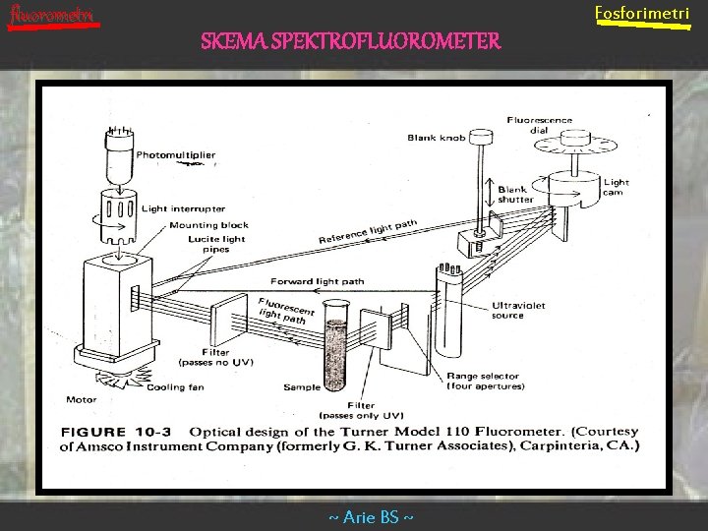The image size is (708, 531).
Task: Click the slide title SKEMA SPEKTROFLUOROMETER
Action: [350, 41]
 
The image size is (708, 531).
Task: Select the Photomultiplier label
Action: [176, 155]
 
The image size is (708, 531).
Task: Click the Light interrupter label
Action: [183, 208]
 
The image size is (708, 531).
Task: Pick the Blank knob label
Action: [436, 138]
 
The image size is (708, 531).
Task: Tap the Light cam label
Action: [617, 187]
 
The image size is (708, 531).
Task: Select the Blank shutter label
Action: [516, 194]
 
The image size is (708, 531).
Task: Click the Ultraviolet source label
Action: [521, 310]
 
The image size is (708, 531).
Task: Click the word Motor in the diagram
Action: [81, 400]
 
